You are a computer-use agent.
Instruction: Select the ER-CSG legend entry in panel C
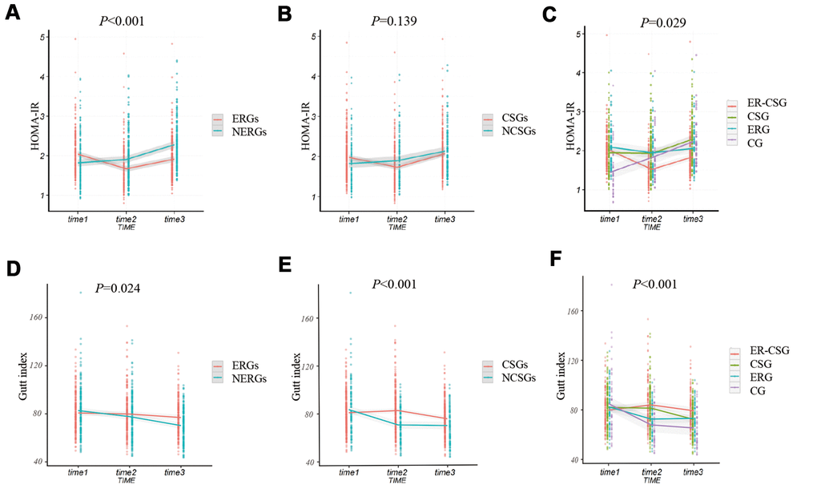coord(771,105)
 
